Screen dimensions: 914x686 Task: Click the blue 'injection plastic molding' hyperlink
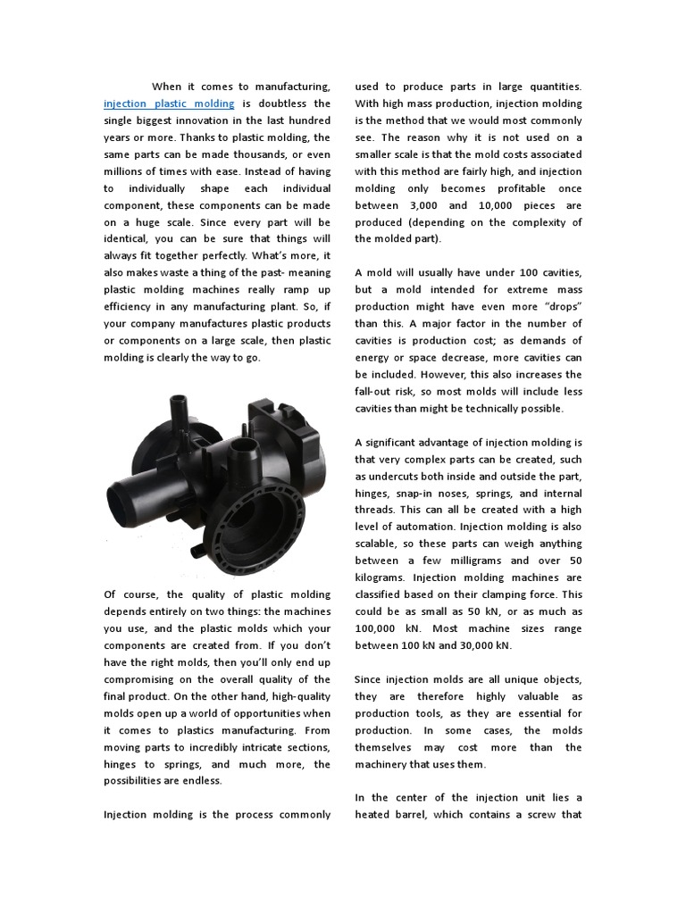point(168,104)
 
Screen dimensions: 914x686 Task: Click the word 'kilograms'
point(383,577)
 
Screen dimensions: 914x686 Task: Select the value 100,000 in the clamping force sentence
point(379,628)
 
